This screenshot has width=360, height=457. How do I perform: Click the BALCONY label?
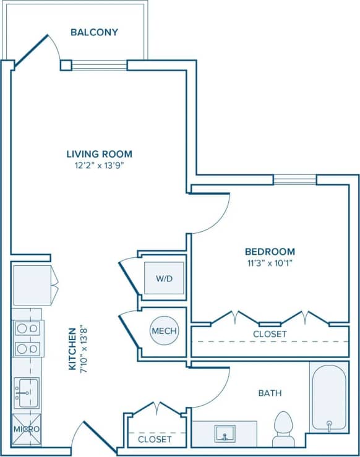(x=94, y=32)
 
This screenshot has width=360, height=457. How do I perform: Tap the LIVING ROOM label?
(x=99, y=154)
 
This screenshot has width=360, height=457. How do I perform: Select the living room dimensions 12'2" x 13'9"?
(x=99, y=165)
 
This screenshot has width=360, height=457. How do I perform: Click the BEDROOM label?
(x=270, y=252)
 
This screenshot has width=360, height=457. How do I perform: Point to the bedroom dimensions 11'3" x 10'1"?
(x=270, y=262)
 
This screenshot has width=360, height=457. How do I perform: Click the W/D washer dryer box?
(x=164, y=278)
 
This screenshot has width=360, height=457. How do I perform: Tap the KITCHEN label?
(x=72, y=349)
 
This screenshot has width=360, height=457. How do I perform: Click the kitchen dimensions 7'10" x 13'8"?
(x=84, y=349)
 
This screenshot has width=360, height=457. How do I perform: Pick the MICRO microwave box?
(x=26, y=429)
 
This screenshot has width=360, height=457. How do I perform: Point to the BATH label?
(x=270, y=393)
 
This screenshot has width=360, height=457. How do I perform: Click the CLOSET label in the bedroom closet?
(x=270, y=334)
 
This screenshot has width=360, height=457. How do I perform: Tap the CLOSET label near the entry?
(x=155, y=439)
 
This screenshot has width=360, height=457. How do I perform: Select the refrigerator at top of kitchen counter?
(x=32, y=284)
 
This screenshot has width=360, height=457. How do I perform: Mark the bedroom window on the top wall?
(x=294, y=180)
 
